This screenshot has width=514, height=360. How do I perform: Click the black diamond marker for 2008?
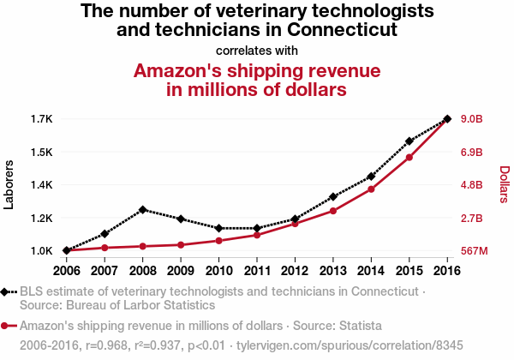(143, 209)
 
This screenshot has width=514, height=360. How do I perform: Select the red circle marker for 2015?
(409, 157)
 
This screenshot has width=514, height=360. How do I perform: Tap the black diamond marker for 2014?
(371, 177)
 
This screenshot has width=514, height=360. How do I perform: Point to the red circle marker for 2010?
(219, 241)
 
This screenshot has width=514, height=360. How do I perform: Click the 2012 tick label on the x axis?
(295, 271)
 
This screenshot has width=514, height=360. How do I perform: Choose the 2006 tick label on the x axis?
(67, 271)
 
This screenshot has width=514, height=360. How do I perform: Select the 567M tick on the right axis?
(474, 251)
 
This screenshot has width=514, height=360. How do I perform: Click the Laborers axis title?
(9, 184)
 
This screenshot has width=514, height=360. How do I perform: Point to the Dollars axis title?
(505, 184)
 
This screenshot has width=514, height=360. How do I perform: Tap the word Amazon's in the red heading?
(183, 69)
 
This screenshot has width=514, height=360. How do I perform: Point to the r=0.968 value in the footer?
(107, 345)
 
